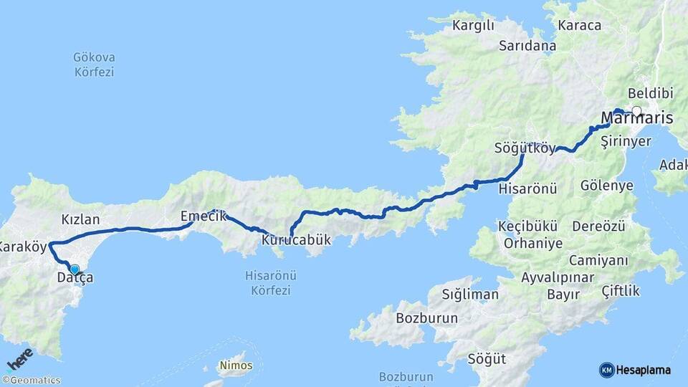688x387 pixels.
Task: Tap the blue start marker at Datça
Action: click(x=75, y=269)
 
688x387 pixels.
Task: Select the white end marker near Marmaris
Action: click(x=636, y=111)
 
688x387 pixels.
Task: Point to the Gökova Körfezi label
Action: click(x=94, y=64)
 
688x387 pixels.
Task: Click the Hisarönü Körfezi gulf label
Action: click(x=271, y=282)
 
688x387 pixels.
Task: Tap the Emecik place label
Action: click(x=204, y=216)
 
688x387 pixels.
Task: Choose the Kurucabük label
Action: click(x=297, y=240)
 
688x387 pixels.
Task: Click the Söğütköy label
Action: click(x=525, y=149)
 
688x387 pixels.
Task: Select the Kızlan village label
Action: click(x=80, y=219)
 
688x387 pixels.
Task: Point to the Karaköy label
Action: click(x=24, y=247)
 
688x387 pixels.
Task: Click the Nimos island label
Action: click(x=236, y=365)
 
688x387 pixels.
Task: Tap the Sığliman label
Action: click(x=470, y=294)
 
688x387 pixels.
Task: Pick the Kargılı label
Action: click(x=474, y=27)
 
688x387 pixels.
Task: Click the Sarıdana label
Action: click(x=528, y=46)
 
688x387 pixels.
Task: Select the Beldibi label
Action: click(x=650, y=94)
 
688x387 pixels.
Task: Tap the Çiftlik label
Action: click(x=621, y=291)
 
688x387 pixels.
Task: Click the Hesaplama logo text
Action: click(x=644, y=370)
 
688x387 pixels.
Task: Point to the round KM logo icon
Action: click(x=606, y=370)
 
